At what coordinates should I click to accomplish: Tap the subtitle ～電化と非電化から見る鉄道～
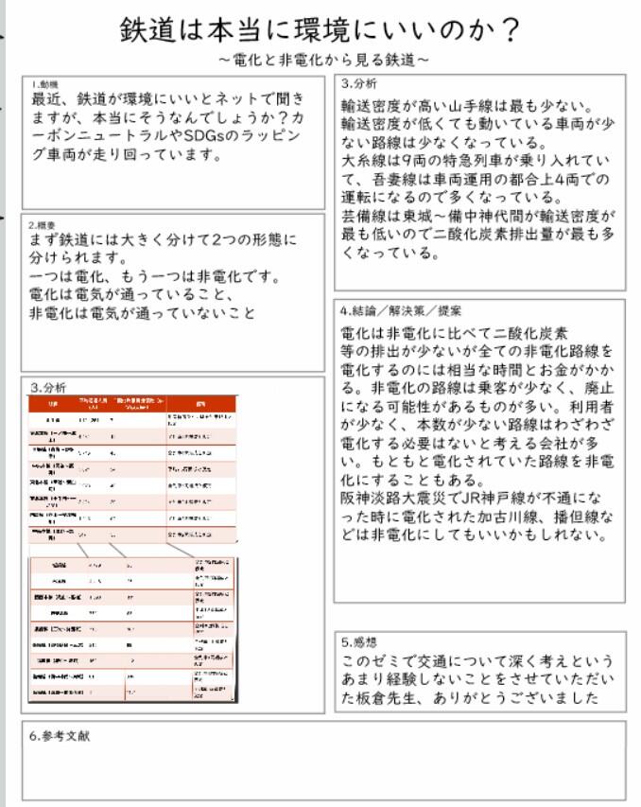point(322,60)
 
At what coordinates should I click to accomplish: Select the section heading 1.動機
point(43,84)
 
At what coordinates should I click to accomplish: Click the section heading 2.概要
point(43,225)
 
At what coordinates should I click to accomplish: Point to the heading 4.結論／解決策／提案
point(403,310)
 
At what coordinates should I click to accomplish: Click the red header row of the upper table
point(132,404)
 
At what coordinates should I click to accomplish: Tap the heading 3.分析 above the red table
point(47,387)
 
